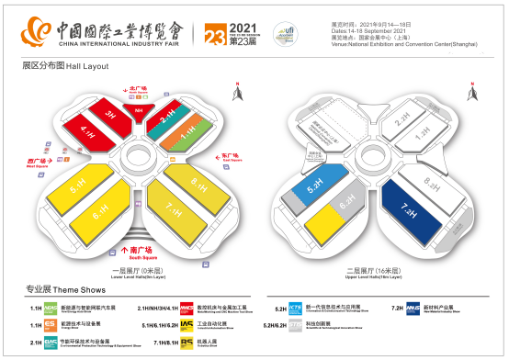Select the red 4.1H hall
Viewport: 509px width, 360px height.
88,132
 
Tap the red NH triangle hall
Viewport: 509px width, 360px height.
139,111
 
